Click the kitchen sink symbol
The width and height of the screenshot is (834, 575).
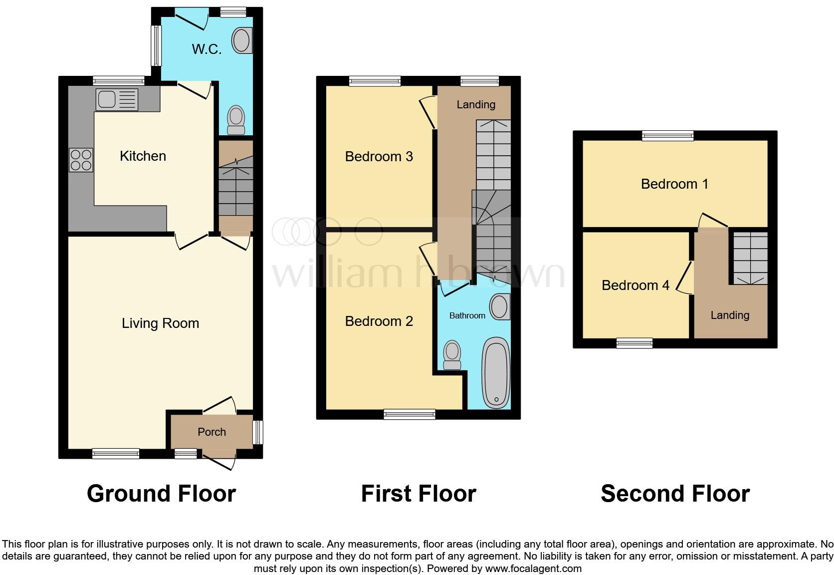[x=117, y=99]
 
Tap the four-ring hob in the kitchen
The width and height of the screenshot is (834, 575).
[x=81, y=160]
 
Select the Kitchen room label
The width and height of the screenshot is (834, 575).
[x=143, y=156]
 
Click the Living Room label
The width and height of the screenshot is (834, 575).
[x=160, y=323]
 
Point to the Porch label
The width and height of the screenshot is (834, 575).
[x=211, y=432]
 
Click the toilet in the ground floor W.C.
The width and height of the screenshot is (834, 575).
[x=236, y=120]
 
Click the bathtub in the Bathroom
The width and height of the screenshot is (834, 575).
[x=496, y=373]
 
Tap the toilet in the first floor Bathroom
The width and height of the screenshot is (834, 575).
[x=452, y=355]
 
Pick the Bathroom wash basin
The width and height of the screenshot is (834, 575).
[x=500, y=306]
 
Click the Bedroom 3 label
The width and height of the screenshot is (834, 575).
[x=379, y=157]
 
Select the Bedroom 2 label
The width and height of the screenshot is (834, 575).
[x=379, y=321]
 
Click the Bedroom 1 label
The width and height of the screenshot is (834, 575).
[x=674, y=184]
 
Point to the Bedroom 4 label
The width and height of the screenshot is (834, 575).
[x=635, y=286]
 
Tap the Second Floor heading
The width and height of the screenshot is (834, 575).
[x=675, y=494]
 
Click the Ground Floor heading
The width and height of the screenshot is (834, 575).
[x=161, y=494]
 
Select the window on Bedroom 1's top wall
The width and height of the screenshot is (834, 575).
[x=667, y=135]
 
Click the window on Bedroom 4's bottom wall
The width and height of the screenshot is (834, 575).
[x=634, y=343]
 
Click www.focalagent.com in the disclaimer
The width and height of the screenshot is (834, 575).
[x=533, y=569]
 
